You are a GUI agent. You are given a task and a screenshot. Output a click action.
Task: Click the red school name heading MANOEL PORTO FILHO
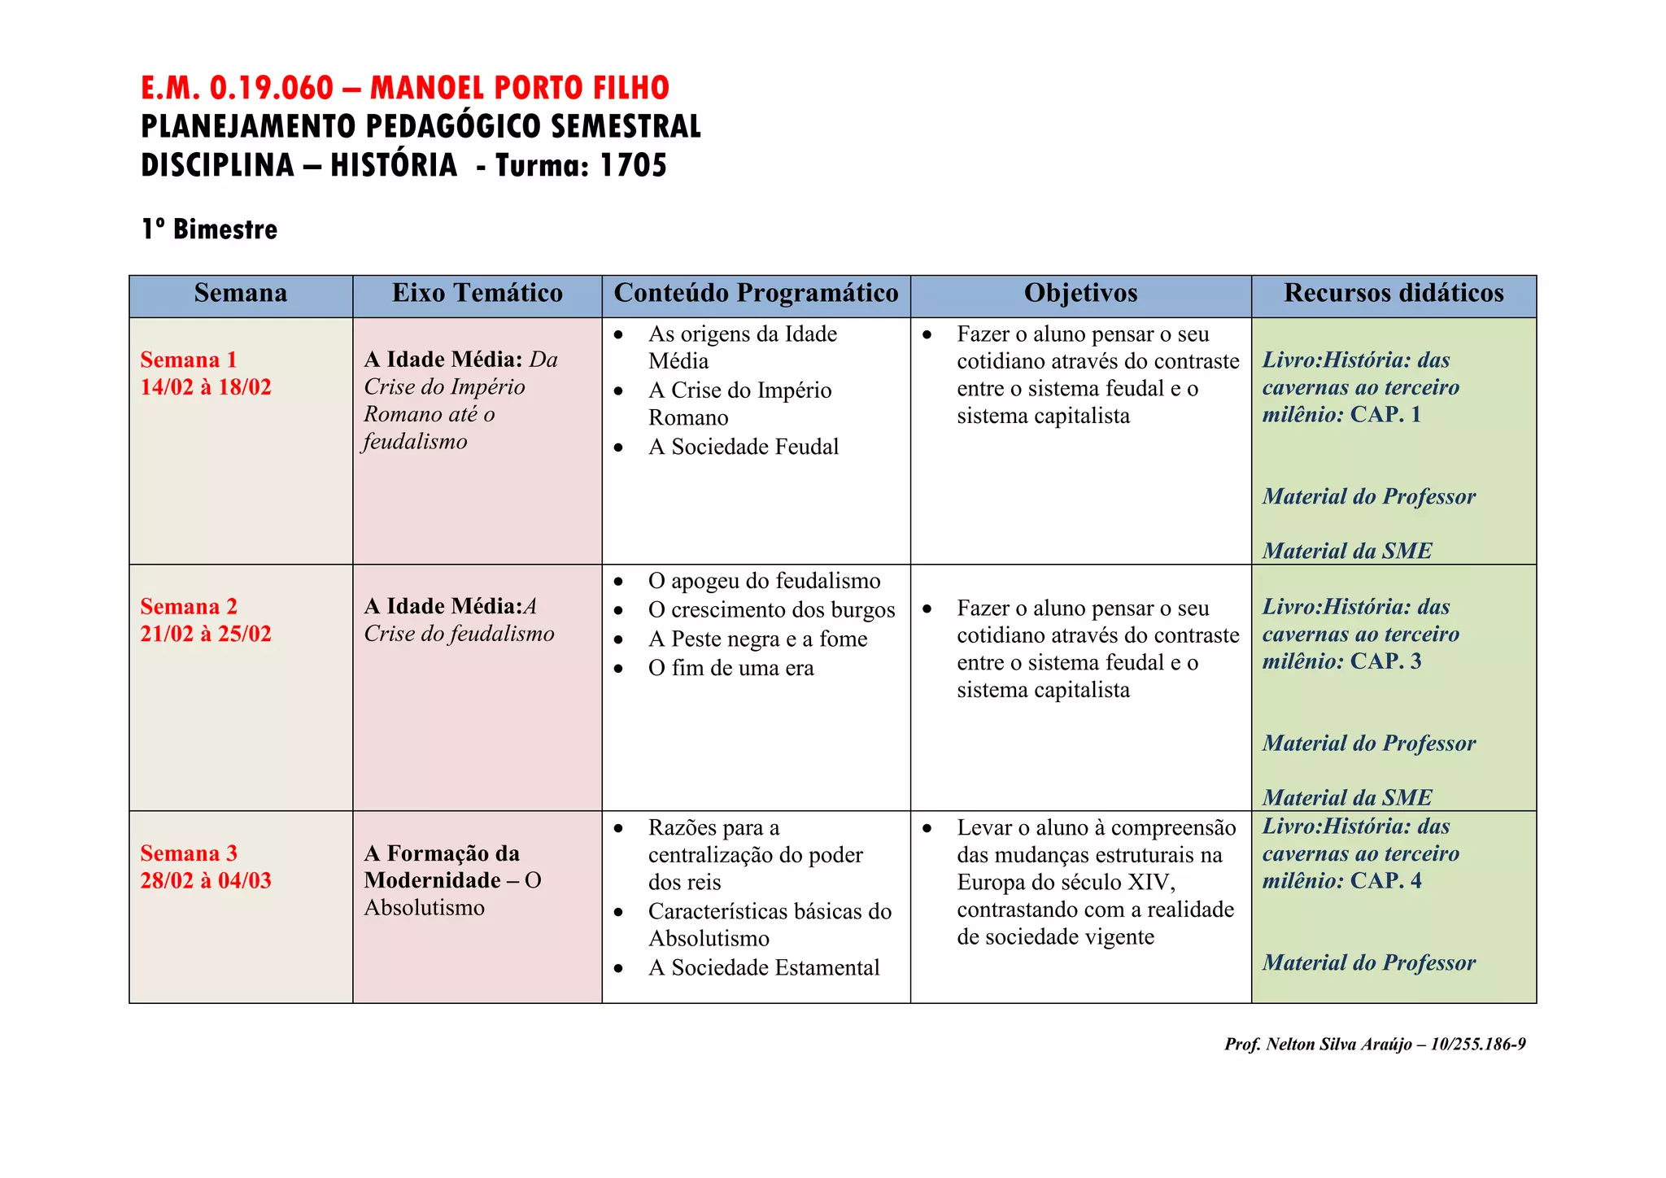[x=519, y=88]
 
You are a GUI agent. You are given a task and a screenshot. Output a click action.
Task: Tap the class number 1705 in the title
[x=633, y=165]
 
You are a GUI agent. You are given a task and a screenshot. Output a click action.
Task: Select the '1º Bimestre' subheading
[x=209, y=229]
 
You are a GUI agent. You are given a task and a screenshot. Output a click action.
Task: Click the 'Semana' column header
[x=241, y=294]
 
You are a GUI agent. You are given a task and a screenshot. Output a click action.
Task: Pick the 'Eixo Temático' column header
[x=478, y=294]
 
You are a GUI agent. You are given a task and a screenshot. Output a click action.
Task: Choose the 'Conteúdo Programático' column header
[x=756, y=294]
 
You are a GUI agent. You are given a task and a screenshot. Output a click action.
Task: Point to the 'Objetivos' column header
[x=1080, y=294]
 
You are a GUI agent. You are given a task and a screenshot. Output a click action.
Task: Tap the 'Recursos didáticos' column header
[x=1393, y=294]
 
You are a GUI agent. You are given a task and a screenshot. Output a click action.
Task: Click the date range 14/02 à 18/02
[x=206, y=387]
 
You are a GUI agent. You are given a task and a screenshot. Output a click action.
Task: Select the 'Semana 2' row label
[x=189, y=606]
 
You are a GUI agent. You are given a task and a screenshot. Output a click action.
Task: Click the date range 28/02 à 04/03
[x=206, y=881]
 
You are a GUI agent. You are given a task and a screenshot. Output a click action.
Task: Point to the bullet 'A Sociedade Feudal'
[x=743, y=447]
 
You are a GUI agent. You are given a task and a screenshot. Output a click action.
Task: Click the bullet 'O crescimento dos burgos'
[x=771, y=610]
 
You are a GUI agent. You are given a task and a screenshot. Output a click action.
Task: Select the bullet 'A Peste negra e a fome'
[x=757, y=639]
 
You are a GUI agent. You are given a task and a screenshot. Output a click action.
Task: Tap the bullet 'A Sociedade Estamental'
[x=764, y=968]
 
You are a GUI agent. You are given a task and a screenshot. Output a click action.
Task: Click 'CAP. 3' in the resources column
[x=1385, y=661]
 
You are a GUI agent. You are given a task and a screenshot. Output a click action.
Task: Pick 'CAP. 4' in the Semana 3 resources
[x=1385, y=881]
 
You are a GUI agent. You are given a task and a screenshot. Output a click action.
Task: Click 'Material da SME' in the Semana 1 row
[x=1347, y=552]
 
